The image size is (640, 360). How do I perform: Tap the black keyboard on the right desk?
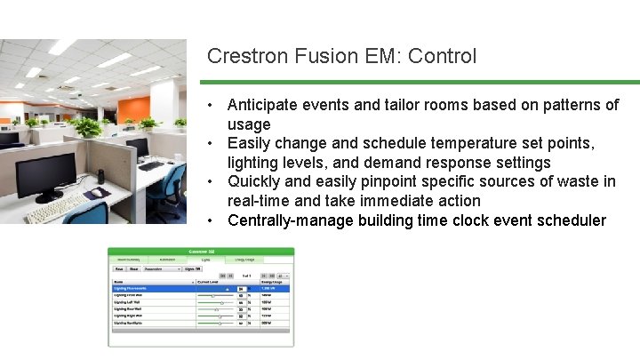(x=151, y=165)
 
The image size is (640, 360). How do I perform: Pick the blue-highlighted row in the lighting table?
(x=200, y=289)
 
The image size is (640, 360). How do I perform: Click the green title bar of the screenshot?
(x=200, y=252)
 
